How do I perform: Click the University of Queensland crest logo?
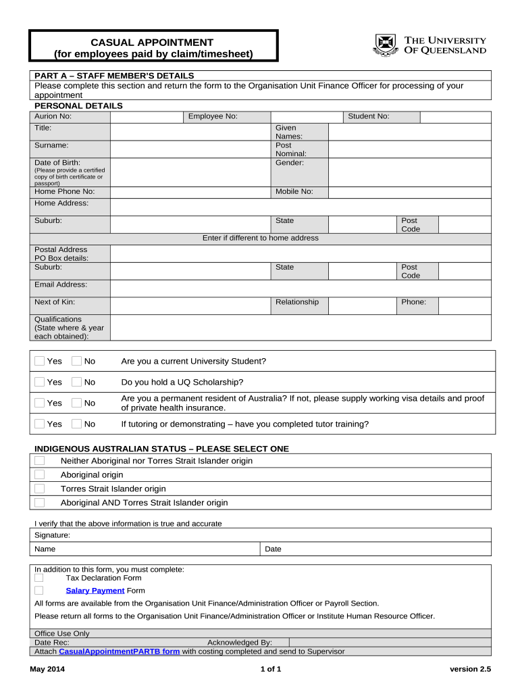pyautogui.click(x=384, y=45)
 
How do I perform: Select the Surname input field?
pyautogui.click(x=190, y=149)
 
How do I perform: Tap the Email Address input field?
pyautogui.click(x=300, y=289)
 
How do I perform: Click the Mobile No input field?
pyautogui.click(x=409, y=192)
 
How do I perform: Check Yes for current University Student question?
pyautogui.click(x=40, y=362)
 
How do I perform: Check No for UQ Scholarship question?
pyautogui.click(x=76, y=382)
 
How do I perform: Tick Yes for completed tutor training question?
pyautogui.click(x=40, y=424)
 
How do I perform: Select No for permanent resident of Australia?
pyautogui.click(x=76, y=403)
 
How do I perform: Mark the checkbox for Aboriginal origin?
pyautogui.click(x=40, y=475)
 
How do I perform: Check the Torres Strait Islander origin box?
pyautogui.click(x=40, y=489)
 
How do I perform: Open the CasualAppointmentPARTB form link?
pyautogui.click(x=120, y=652)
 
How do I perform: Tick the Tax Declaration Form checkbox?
pyautogui.click(x=39, y=578)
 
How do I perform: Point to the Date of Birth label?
pyautogui.click(x=57, y=163)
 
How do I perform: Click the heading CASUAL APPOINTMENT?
pyautogui.click(x=153, y=43)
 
